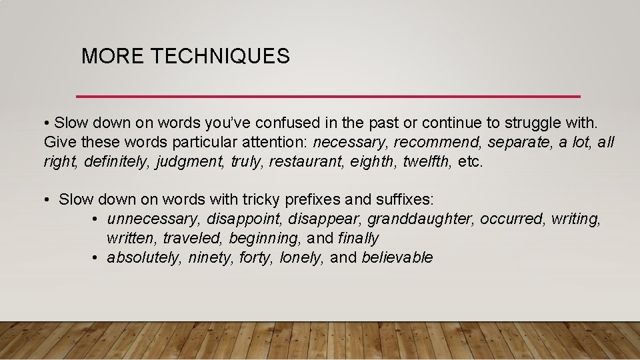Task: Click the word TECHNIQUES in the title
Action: pos(221,57)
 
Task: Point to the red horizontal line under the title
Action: pos(328,96)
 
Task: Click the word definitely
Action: pos(117,161)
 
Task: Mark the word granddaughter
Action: pos(421,219)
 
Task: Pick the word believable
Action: pos(397,257)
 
